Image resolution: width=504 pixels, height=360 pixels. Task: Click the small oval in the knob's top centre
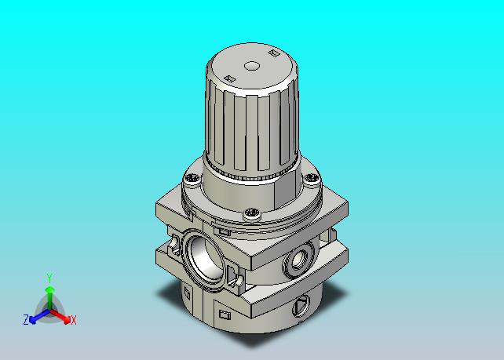pyautogui.click(x=252, y=66)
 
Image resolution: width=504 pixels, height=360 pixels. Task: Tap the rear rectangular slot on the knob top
pyautogui.click(x=273, y=53)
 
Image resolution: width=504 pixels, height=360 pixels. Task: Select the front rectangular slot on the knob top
pyautogui.click(x=230, y=78)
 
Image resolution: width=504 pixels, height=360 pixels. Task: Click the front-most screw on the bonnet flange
pyautogui.click(x=252, y=213)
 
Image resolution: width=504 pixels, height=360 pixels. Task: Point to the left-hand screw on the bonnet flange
pyautogui.click(x=192, y=177)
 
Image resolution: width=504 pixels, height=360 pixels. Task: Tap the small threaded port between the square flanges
pyautogui.click(x=299, y=259)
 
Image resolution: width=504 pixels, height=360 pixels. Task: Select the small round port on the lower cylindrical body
pyautogui.click(x=301, y=305)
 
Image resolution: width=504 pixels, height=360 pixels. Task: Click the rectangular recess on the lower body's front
pyautogui.click(x=225, y=315)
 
